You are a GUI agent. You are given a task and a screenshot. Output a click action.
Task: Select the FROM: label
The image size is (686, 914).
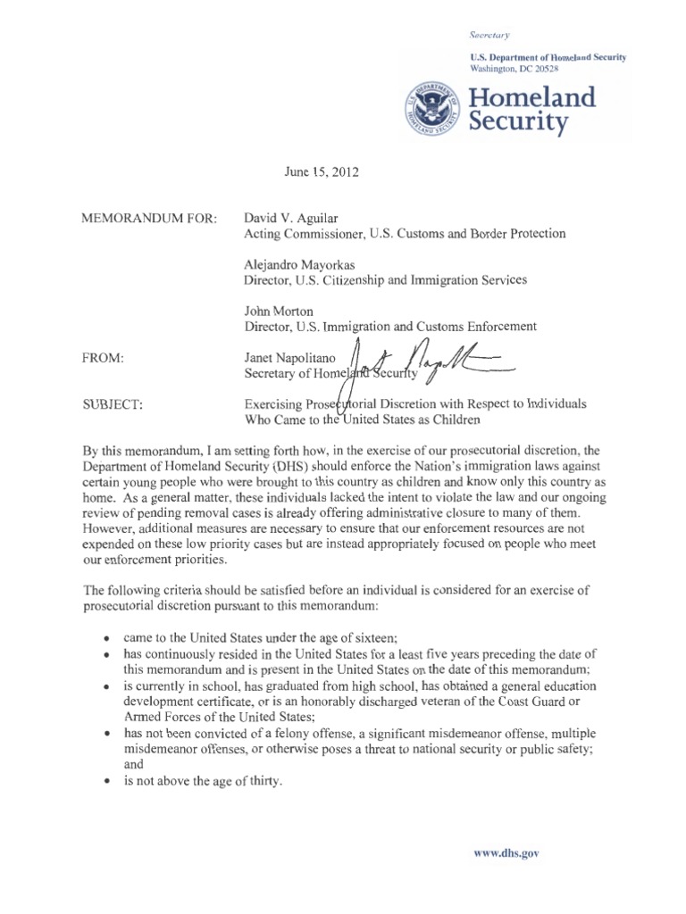click(x=101, y=358)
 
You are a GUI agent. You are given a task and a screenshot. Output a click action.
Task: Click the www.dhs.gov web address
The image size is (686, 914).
click(x=506, y=852)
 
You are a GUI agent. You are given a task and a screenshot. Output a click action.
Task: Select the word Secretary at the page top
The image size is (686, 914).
click(x=489, y=35)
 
